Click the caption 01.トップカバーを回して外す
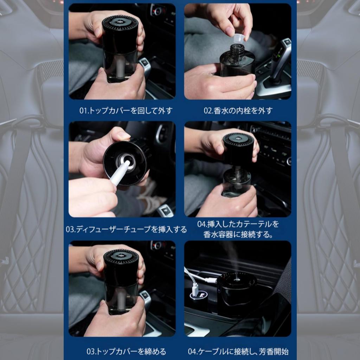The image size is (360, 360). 126,111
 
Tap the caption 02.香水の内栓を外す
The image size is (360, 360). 238,111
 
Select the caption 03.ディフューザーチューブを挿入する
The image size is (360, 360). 126,229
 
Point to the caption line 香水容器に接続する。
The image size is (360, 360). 238,234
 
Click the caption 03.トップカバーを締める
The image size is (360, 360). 126,351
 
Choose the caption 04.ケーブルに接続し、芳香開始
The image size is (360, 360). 238,351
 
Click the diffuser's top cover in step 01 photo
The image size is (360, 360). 120,34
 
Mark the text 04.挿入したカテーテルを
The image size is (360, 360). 238,224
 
